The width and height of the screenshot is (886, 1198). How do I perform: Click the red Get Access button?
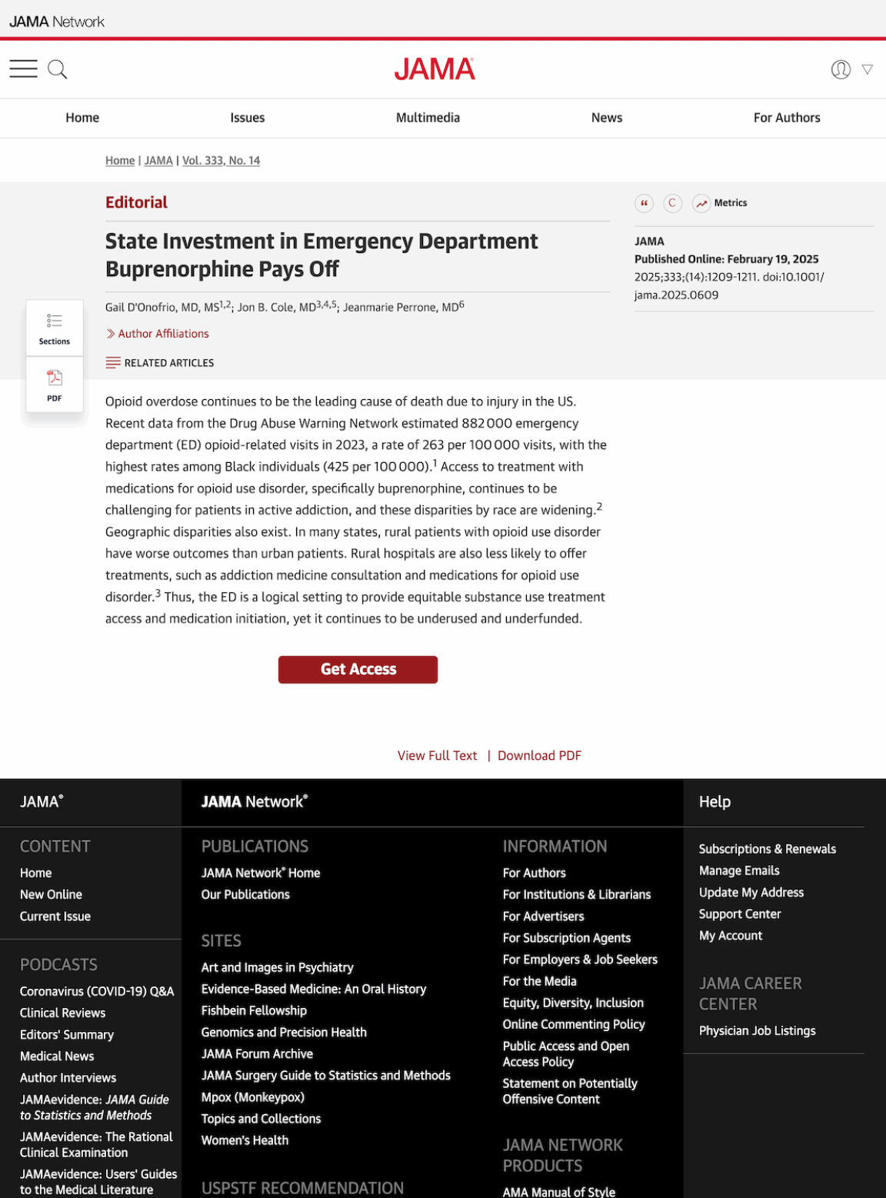coord(358,669)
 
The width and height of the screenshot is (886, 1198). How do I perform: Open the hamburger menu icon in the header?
coord(23,69)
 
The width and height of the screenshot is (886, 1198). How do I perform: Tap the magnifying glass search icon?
coord(58,70)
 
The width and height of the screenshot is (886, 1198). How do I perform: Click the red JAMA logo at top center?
coord(435,70)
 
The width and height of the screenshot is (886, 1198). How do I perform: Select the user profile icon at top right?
coord(841,70)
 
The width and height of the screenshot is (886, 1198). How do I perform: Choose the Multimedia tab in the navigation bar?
coord(428,118)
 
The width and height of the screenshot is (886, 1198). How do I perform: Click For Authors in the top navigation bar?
coord(786,118)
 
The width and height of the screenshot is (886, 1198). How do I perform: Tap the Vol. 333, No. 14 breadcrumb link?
coord(221,161)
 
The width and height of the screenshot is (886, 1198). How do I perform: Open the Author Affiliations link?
coord(163,334)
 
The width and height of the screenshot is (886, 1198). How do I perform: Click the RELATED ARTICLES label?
coord(168,363)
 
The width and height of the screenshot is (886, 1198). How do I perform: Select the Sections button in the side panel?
coord(55,328)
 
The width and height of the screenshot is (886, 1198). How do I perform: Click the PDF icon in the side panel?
coord(55,384)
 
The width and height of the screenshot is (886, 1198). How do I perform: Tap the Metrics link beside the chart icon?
coord(730,203)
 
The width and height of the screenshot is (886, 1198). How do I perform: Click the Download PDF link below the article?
coord(539,756)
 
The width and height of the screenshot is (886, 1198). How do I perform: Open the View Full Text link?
coord(437,756)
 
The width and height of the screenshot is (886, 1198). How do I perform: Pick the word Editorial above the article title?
coord(136,202)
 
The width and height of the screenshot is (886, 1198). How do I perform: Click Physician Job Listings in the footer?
coord(757,1030)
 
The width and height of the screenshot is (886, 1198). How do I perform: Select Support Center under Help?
coord(739,914)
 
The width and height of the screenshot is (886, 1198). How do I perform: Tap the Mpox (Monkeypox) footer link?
coord(252,1097)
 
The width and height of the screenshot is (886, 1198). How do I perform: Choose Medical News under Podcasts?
coord(57,1057)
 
